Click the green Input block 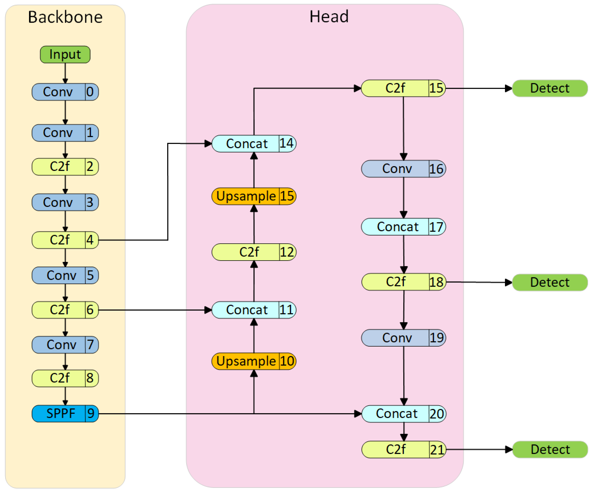(65, 55)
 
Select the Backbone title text (65, 17)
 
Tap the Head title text (329, 17)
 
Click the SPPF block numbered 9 (65, 413)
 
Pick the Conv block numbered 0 (65, 92)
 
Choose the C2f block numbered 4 (65, 240)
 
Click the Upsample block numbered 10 (253, 361)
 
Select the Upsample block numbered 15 (253, 196)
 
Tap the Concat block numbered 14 (253, 144)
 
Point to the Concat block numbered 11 (253, 310)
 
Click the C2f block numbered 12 (253, 252)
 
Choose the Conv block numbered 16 (403, 169)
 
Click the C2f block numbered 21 (403, 449)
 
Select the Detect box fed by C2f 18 (550, 282)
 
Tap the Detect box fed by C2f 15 (550, 88)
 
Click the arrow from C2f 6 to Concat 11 (155, 310)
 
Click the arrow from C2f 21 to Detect (478, 449)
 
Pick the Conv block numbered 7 (65, 345)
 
